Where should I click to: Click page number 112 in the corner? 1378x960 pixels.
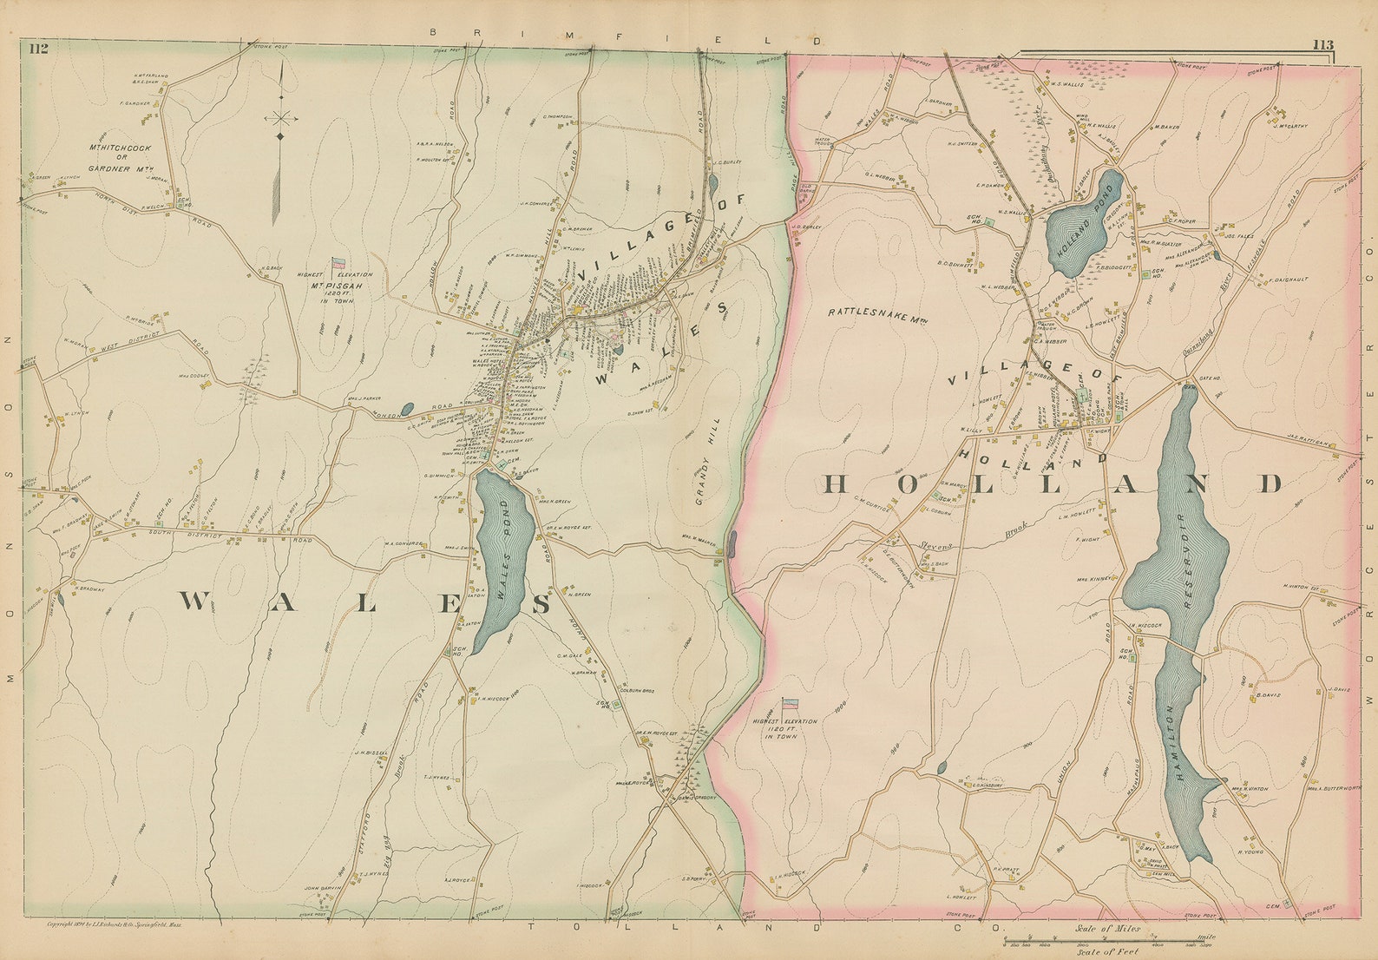click(x=37, y=49)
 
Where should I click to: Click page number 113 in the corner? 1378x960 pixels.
click(x=1322, y=45)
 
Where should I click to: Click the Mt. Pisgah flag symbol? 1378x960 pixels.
click(x=338, y=262)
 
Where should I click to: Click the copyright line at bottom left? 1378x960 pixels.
click(x=121, y=925)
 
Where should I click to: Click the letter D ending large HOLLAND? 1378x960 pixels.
click(x=1271, y=484)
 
